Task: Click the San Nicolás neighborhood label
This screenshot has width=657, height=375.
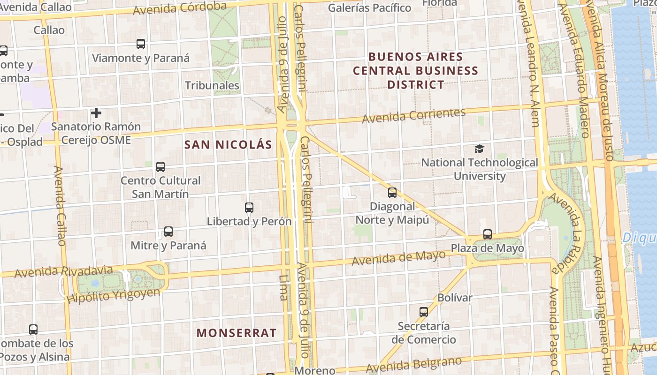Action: coord(228,145)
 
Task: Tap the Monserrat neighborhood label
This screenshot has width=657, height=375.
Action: coord(236,333)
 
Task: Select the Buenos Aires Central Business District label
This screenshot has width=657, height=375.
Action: coord(415,71)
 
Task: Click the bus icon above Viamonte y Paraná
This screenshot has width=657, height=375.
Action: coord(140,44)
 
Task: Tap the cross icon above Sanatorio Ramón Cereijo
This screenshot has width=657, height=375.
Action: coord(96,113)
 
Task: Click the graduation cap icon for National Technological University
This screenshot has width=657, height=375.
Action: coord(479,149)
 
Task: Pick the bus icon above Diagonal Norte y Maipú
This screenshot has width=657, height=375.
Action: coord(392,193)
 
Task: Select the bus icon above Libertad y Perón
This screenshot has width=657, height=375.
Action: coord(249,208)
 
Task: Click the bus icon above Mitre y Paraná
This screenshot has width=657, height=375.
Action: coord(168,232)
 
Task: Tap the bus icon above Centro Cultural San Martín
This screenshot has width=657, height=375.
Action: coord(160,167)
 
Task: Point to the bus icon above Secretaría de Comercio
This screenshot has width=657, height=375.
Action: coord(424,312)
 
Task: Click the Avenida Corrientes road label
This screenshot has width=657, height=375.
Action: coord(413,115)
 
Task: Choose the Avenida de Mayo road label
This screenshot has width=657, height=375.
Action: coord(398,258)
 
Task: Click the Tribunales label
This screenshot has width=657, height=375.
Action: coord(212,86)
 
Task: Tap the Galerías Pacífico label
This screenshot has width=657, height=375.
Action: coord(369,8)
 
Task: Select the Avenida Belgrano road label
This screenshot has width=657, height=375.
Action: coord(414,364)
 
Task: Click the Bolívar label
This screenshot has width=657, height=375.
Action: coord(454,298)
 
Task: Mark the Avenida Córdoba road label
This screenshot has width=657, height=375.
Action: coord(180,8)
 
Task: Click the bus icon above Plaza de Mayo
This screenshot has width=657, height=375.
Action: coord(488,234)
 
